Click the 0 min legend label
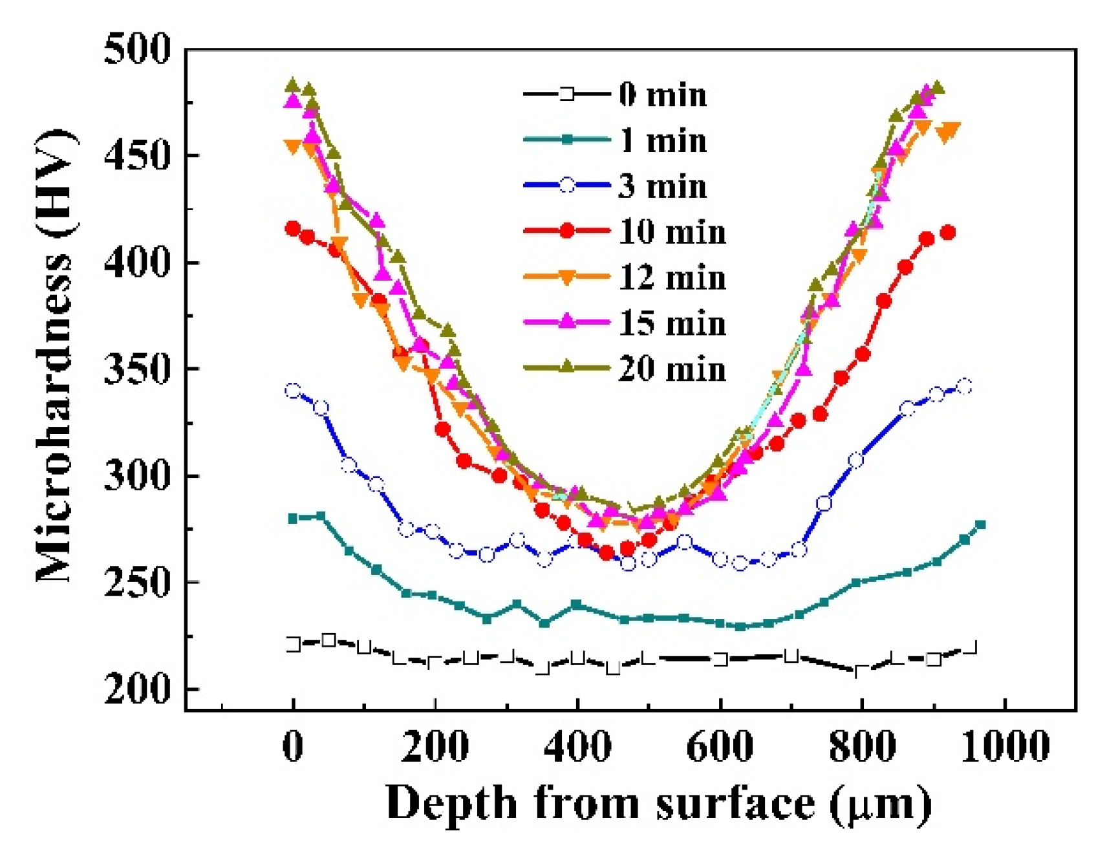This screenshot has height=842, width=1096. [x=662, y=95]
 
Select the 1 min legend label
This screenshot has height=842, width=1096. [x=662, y=140]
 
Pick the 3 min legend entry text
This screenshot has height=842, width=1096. [x=662, y=186]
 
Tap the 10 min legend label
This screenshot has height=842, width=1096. [x=672, y=232]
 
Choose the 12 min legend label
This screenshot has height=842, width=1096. [x=672, y=277]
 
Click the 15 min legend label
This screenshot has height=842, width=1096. [x=672, y=323]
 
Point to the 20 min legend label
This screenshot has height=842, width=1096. [x=672, y=369]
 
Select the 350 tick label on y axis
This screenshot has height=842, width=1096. [x=138, y=369]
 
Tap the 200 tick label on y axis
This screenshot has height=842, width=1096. [x=138, y=689]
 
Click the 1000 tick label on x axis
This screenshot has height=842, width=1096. [x=1004, y=747]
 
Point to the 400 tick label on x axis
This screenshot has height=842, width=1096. [x=577, y=747]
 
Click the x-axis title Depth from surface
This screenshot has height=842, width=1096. [x=658, y=803]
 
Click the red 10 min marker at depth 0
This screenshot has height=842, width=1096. [x=293, y=229]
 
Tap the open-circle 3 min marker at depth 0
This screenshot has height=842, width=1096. [x=293, y=391]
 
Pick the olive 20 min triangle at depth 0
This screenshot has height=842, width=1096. [x=293, y=85]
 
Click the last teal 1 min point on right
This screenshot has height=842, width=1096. [x=980, y=525]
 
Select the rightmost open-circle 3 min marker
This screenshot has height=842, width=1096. [x=964, y=387]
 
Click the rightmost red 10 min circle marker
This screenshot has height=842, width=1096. [x=948, y=233]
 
